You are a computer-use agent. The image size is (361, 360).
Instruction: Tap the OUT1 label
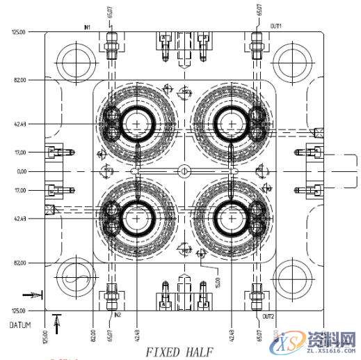click(276, 25)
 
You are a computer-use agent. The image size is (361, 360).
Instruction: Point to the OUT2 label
click(268, 315)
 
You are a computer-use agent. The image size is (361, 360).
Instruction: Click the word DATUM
click(19, 325)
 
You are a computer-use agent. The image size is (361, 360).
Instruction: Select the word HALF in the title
click(199, 352)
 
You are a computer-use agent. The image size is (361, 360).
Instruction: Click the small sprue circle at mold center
click(184, 171)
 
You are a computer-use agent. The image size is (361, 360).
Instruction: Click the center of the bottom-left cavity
click(138, 218)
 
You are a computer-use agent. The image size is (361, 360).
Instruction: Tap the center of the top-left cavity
click(138, 124)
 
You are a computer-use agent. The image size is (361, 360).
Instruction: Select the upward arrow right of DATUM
click(57, 322)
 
